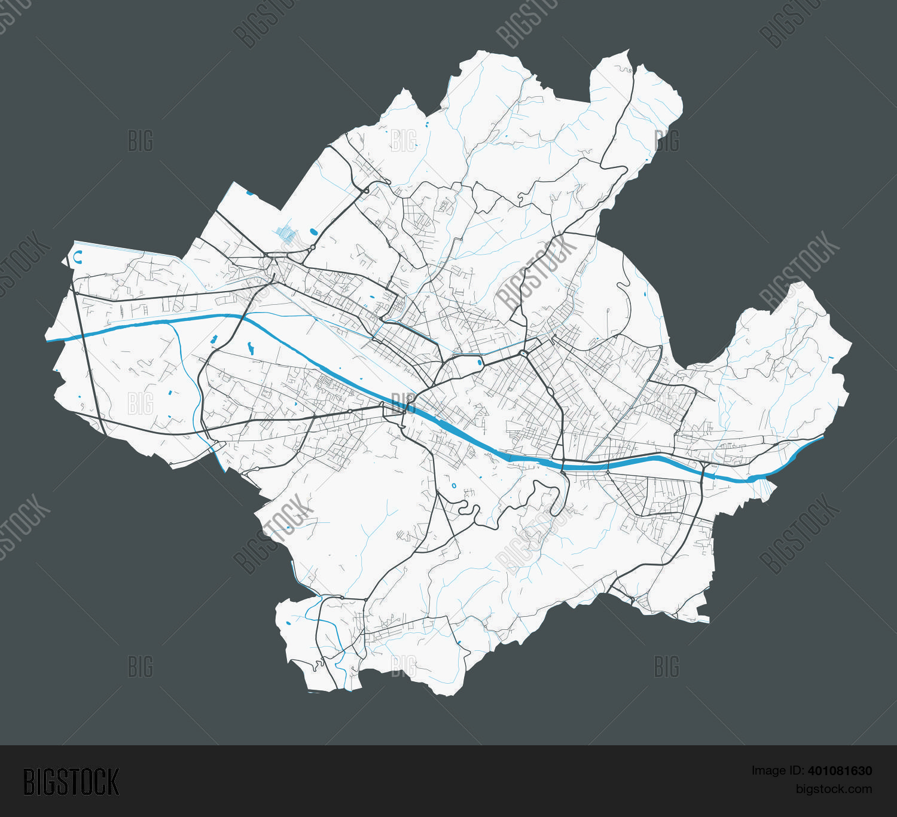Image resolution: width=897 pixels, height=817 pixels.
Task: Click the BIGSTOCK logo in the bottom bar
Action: pyautogui.click(x=71, y=782)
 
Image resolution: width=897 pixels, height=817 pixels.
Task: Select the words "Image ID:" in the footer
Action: pyautogui.click(x=774, y=771)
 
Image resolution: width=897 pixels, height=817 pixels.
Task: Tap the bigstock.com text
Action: pyautogui.click(x=834, y=789)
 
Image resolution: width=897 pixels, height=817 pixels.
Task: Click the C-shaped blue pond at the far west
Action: pyautogui.click(x=77, y=258)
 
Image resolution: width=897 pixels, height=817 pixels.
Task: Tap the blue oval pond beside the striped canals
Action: pyautogui.click(x=313, y=231)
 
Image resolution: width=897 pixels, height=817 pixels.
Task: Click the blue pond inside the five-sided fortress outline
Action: pyautogui.click(x=480, y=362)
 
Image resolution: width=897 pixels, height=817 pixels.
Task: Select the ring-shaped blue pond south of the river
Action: pyautogui.click(x=454, y=485)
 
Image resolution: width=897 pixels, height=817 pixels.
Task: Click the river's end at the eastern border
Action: pyautogui.click(x=822, y=437)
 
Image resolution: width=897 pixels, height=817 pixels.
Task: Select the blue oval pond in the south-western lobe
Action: pyautogui.click(x=288, y=623)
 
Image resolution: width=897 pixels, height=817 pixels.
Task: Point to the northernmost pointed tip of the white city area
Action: pyautogui.click(x=627, y=51)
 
